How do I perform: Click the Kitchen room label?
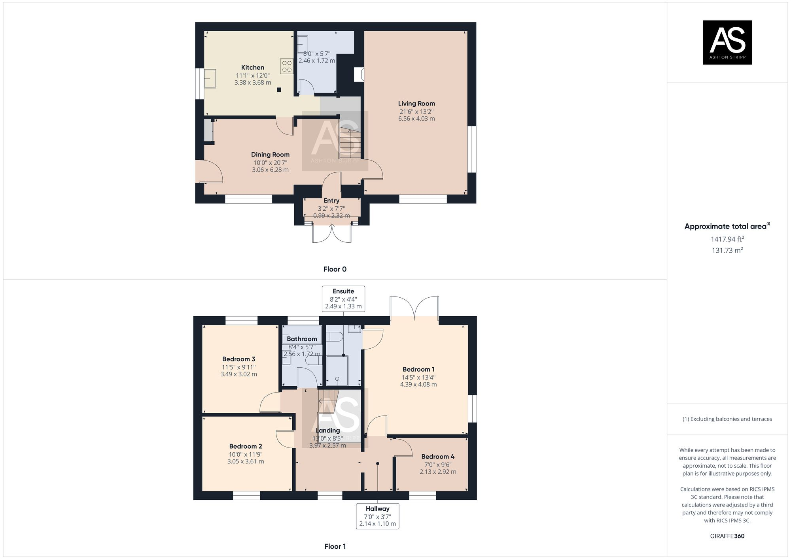[252, 68]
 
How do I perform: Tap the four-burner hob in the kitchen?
[287, 66]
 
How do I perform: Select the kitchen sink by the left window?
[210, 79]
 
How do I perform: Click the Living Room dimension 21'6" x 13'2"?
[416, 111]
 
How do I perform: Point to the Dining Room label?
[270, 155]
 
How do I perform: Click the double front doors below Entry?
[332, 233]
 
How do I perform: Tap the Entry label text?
[331, 201]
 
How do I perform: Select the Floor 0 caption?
[335, 269]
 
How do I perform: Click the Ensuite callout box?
[343, 299]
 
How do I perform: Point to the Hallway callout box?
[377, 516]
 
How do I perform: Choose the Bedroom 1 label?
[418, 369]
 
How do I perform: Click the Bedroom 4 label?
[437, 457]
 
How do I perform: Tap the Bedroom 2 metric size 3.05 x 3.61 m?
[245, 461]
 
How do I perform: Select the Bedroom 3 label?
[238, 359]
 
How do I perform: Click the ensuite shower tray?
[337, 370]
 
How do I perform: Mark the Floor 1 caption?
[335, 546]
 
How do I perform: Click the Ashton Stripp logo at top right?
[727, 42]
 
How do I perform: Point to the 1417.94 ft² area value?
[727, 239]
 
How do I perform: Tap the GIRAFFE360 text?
[727, 536]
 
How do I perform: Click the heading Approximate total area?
[725, 227]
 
